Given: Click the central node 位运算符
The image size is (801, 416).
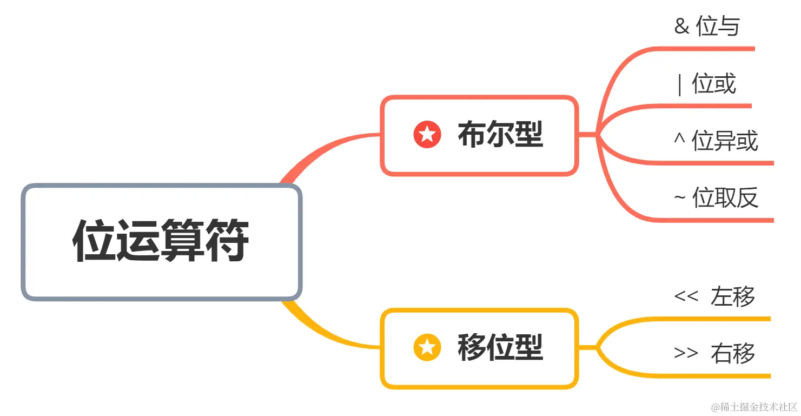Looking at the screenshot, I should pos(161,242).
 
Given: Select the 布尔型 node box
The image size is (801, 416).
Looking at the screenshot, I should pos(479,136).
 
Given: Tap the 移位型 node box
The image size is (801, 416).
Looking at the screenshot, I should pos(479,348).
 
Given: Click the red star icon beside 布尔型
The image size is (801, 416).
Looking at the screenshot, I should pos(427,134).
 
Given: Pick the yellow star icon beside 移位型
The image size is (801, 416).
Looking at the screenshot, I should pos(427,347).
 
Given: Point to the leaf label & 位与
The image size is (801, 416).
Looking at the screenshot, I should pos(707,27).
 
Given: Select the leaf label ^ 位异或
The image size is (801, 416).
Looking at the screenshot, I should pos(716,141).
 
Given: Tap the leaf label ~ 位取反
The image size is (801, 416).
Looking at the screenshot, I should pos(716,199).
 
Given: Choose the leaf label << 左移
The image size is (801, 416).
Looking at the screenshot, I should pos(714,296).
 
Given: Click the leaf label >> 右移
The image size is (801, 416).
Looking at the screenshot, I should pos(714,353).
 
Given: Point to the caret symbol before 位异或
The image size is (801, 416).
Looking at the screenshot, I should pos(680,138).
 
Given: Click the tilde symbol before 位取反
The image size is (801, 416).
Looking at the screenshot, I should pos(680,199).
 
